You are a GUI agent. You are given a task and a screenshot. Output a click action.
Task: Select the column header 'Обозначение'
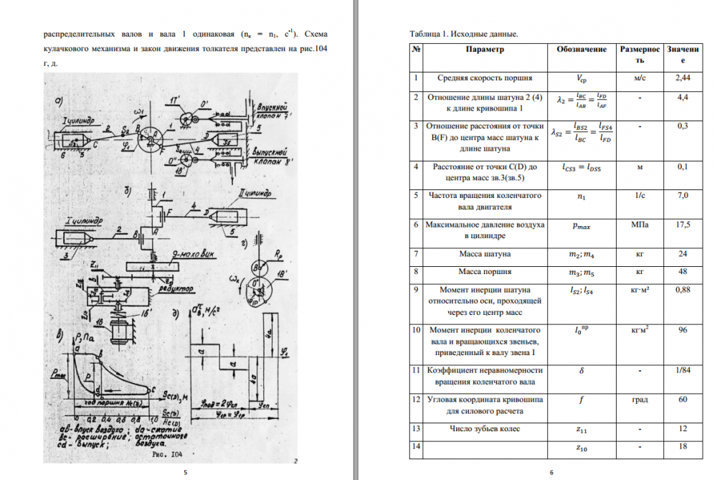[x=581, y=50]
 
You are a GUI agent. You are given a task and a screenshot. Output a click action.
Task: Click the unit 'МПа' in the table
[x=640, y=225]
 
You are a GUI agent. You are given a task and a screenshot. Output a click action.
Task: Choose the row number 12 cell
[x=415, y=398]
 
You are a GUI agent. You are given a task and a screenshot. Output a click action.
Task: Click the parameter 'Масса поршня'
[x=485, y=272]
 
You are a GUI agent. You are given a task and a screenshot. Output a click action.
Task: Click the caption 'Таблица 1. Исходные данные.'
[x=463, y=34]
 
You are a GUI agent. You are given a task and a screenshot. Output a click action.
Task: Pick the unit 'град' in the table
[x=640, y=399]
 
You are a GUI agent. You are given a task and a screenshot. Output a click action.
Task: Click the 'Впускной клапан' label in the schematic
[x=276, y=110]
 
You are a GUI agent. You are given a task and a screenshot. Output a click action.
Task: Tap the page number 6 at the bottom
[x=551, y=472]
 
